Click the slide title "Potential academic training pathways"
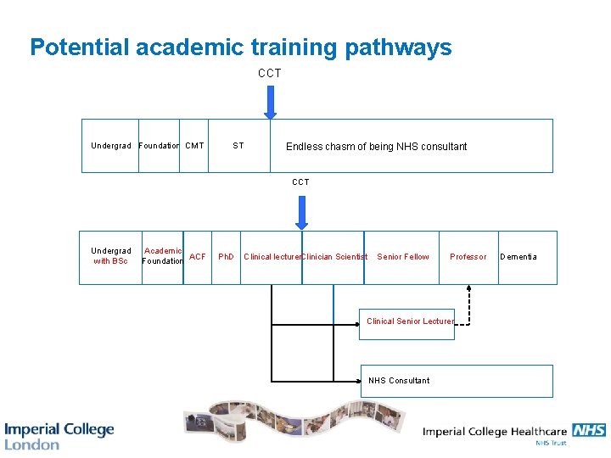(x=240, y=47)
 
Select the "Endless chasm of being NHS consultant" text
(x=376, y=147)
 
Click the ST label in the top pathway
(x=238, y=146)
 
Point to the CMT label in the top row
(x=194, y=146)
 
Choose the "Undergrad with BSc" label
(x=110, y=256)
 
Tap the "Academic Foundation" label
(x=162, y=256)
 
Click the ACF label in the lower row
(x=198, y=256)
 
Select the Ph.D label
(x=227, y=257)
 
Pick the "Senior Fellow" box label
(x=403, y=257)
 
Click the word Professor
(x=468, y=257)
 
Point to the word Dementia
(x=518, y=257)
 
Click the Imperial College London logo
(x=59, y=435)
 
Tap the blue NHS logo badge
(x=588, y=430)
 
